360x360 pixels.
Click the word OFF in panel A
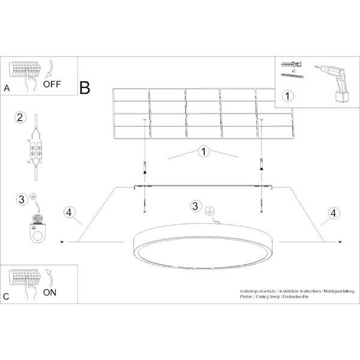coord(52,85)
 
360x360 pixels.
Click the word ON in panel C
coord(50,293)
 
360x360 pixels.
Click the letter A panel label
coord(7,88)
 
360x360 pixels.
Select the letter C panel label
coord(7,296)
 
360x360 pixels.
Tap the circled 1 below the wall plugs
coord(287,95)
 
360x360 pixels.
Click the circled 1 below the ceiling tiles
coord(204,152)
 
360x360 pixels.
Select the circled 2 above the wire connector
coord(20,117)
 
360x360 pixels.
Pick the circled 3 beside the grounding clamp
coord(21,199)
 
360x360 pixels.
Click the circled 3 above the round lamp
coord(196,206)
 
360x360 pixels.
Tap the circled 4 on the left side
coord(70,212)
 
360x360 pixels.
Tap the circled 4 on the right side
coord(332,212)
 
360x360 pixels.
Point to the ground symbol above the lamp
coord(209,210)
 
